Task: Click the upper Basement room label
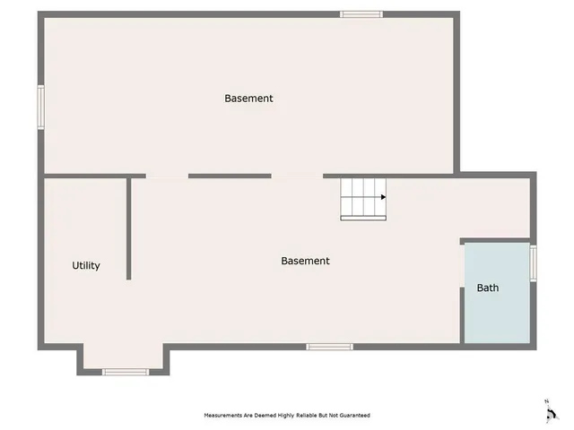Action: pyautogui.click(x=248, y=99)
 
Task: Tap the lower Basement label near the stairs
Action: pyautogui.click(x=305, y=262)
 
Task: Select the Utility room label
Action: pyautogui.click(x=86, y=266)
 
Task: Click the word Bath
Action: pyautogui.click(x=488, y=288)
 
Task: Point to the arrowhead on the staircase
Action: pyautogui.click(x=383, y=197)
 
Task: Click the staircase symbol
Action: pyautogui.click(x=363, y=198)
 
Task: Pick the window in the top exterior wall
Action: pyautogui.click(x=361, y=14)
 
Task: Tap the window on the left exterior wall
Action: pyautogui.click(x=40, y=107)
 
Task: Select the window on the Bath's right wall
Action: pyautogui.click(x=533, y=263)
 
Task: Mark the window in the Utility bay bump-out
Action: pyautogui.click(x=126, y=371)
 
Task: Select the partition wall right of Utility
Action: pyautogui.click(x=129, y=228)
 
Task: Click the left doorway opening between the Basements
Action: pyautogui.click(x=167, y=176)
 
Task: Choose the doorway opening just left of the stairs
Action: pyautogui.click(x=297, y=176)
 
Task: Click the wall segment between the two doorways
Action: pyautogui.click(x=230, y=176)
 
